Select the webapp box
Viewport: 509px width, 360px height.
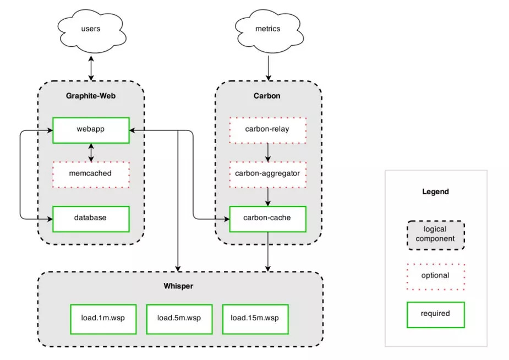coord(91,130)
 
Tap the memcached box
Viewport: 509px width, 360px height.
coord(91,174)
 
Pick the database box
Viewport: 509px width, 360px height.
coord(91,219)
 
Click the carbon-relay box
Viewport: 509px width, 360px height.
coord(268,130)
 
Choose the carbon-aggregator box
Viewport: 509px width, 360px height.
coord(268,174)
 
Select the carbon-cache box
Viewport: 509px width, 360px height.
coord(268,219)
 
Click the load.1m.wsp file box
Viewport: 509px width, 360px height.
coord(103,319)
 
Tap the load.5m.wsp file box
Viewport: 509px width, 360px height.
coord(179,319)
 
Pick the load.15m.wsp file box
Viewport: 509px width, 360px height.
coord(255,319)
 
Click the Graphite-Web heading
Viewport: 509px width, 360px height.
coord(91,96)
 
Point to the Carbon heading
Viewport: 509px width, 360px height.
coord(267,96)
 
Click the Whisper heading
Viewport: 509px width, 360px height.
coord(178,286)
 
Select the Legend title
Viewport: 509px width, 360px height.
coord(435,192)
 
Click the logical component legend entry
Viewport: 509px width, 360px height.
coord(436,236)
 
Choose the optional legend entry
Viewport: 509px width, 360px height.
coord(436,276)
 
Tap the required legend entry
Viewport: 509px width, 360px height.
coord(436,315)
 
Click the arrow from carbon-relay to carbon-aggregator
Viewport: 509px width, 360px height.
coord(268,152)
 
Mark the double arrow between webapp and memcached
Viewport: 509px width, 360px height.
coord(91,152)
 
